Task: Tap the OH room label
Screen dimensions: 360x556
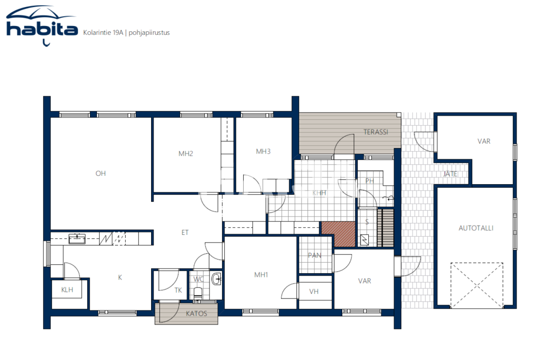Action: [x=101, y=173]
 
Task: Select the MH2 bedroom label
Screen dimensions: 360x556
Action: [x=185, y=153]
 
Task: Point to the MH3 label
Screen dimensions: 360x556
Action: [x=263, y=152]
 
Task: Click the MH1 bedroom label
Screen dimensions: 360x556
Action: [x=261, y=274]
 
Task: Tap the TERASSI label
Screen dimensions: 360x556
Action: [x=376, y=132]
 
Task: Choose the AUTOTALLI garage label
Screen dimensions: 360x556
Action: [x=476, y=228]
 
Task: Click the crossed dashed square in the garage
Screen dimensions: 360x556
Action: [x=477, y=285]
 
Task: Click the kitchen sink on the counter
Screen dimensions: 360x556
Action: [x=77, y=238]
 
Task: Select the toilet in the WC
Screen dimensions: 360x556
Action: [x=198, y=293]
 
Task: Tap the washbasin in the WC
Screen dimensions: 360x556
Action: [x=216, y=279]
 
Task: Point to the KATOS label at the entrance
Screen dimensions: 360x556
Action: [x=196, y=313]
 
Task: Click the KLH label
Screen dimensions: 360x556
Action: [x=67, y=290]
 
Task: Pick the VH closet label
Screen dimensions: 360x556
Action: [x=314, y=291]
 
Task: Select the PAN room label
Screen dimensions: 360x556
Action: [x=314, y=255]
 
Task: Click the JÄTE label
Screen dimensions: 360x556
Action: [x=450, y=174]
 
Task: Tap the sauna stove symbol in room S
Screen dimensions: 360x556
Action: [x=364, y=239]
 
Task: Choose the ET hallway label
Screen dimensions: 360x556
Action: [x=185, y=232]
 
